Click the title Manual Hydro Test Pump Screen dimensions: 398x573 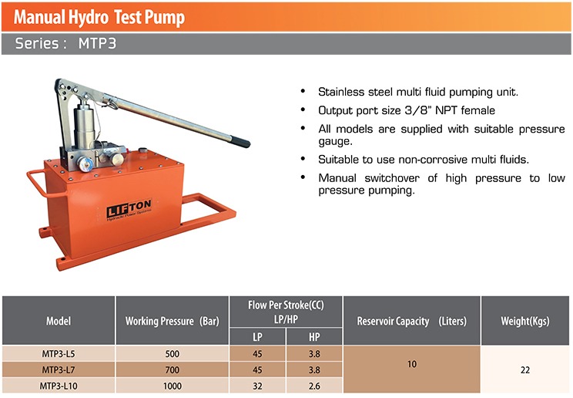click(99, 16)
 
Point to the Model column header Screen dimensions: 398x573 click(59, 320)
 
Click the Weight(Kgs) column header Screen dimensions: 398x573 click(525, 320)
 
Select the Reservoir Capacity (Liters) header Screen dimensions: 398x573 click(411, 320)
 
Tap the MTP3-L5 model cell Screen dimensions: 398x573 click(59, 354)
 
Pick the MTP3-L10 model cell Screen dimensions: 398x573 click(59, 386)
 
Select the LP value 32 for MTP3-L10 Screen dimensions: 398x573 click(257, 386)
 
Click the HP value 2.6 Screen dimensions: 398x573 click(314, 386)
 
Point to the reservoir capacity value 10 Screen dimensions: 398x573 click(411, 363)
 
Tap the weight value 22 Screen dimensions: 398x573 click(525, 369)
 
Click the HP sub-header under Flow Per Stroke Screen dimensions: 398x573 click(314, 337)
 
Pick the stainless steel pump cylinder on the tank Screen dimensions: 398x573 click(84, 123)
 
